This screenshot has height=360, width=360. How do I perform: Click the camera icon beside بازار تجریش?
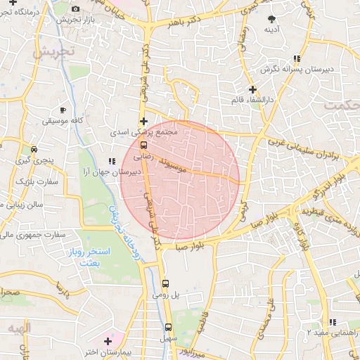(x=75, y=8)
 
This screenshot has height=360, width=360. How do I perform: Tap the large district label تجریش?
(x=54, y=51)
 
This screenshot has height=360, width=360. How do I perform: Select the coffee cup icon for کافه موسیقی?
(x=63, y=110)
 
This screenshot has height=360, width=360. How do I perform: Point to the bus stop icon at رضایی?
(x=134, y=148)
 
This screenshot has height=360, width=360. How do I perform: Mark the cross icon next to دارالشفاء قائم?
(x=252, y=89)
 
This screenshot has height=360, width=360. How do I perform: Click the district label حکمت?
(x=340, y=105)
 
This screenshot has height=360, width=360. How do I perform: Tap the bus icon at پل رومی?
(x=165, y=283)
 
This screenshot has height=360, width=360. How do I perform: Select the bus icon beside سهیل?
(x=168, y=327)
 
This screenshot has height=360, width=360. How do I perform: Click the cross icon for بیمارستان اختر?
(x=107, y=341)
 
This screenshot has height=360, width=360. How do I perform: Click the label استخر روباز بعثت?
(x=92, y=256)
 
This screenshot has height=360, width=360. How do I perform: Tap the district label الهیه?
(x=20, y=328)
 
